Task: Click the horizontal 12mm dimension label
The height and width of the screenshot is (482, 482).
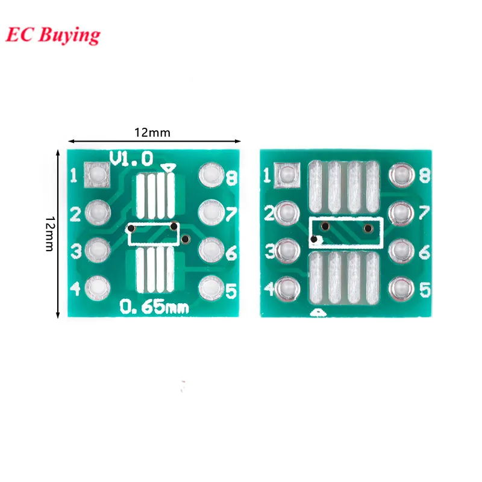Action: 152,132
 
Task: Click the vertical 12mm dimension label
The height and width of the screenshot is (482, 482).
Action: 49,234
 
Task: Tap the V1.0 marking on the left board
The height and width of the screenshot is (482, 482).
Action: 131,159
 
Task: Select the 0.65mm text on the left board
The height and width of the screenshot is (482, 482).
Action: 154,307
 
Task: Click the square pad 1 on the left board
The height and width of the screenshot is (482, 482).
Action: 97,175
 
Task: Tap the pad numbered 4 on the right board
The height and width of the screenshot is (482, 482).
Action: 287,287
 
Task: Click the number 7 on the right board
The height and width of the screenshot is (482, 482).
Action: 424,213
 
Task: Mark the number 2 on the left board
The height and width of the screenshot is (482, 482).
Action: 75,214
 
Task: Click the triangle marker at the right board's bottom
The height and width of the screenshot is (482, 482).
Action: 318,313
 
